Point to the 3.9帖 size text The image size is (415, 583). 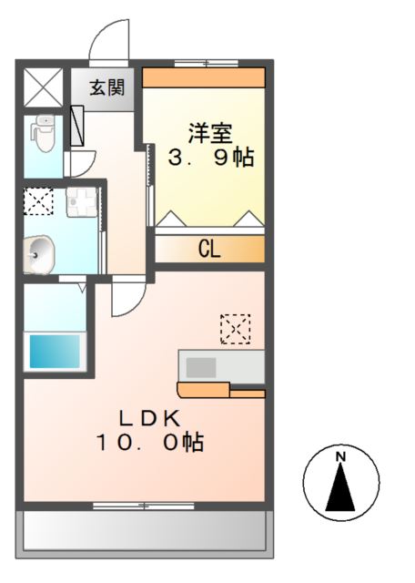tap(210, 157)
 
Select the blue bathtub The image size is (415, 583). tap(55, 351)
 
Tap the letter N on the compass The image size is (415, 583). tap(340, 455)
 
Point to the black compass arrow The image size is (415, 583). tap(340, 487)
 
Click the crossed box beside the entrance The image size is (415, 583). tap(43, 87)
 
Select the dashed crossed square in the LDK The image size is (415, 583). tap(235, 328)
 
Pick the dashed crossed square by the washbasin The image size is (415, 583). tap(37, 200)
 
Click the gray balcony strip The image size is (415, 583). tap(146, 529)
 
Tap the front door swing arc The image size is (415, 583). tap(107, 41)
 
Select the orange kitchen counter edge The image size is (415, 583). tap(221, 392)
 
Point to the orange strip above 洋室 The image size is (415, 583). tap(204, 77)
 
